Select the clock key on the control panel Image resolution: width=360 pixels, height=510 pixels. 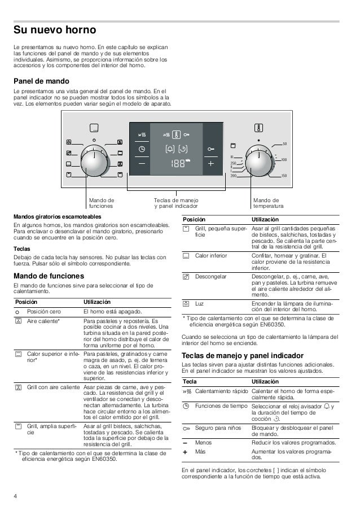click(141, 149)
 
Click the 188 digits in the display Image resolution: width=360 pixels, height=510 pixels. click(178, 163)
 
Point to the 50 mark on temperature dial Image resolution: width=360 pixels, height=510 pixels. click(285, 144)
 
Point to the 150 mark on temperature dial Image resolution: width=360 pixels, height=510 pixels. click(284, 176)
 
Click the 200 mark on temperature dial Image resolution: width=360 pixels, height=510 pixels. click(233, 176)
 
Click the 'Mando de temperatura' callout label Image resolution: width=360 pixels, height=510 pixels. click(268, 203)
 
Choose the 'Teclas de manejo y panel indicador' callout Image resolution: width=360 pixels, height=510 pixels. click(176, 203)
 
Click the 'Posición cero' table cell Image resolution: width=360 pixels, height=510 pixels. click(46, 311)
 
